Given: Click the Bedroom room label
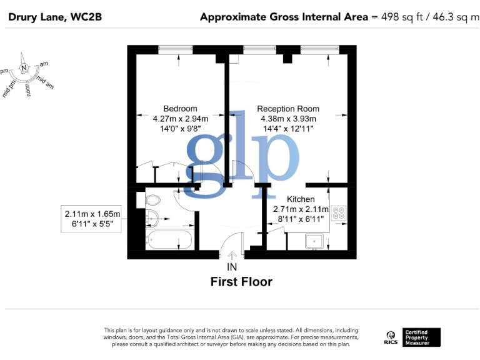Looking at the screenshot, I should tap(180, 108).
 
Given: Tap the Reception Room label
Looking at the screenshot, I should tap(289, 108).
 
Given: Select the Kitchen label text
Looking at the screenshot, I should tap(301, 199).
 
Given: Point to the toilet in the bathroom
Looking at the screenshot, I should tap(153, 201).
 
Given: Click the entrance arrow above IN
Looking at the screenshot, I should tap(232, 255).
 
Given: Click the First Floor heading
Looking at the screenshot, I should tap(241, 282).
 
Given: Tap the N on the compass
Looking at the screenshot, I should tap(24, 68).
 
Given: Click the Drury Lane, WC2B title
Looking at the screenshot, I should tap(54, 17).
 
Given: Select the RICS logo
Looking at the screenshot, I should tap(391, 337).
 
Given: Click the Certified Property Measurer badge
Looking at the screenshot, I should tap(422, 337).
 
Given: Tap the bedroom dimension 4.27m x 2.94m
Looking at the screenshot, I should tap(180, 118).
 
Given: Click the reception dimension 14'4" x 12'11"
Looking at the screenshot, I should tap(289, 128).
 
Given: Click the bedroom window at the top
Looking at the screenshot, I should tap(179, 48).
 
